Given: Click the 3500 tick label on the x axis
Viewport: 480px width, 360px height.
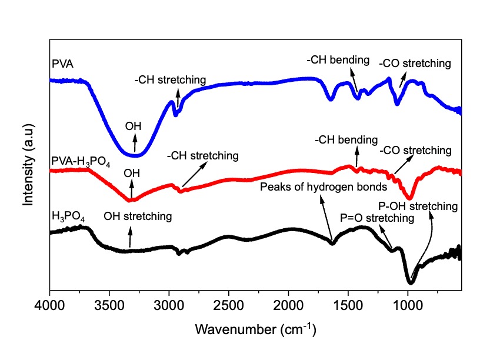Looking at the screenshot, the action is click(x=109, y=305).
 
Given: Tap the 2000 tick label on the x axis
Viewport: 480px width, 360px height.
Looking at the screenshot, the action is click(x=288, y=305).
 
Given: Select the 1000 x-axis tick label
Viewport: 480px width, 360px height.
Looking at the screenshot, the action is click(x=408, y=305).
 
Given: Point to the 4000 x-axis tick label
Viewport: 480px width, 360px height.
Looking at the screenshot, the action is click(x=49, y=305).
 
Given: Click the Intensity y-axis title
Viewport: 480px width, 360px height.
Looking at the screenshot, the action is click(x=28, y=165).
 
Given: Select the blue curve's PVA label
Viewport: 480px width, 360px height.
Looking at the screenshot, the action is click(x=63, y=64).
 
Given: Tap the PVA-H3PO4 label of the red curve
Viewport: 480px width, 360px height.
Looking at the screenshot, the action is click(x=81, y=161).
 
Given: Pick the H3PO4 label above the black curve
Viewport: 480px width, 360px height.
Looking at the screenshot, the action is click(x=68, y=216).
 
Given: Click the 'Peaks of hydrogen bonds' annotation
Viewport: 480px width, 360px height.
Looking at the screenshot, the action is click(x=324, y=186).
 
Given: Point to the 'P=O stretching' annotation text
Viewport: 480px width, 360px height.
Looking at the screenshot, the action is click(x=377, y=218).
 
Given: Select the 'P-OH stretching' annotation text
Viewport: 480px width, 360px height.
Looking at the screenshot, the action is click(x=418, y=206).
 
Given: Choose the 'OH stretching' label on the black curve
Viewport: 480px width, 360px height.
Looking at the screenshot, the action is click(x=138, y=216).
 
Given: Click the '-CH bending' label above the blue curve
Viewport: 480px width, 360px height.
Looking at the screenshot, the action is click(x=338, y=59).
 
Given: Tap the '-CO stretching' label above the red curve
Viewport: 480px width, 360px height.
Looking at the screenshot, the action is click(x=415, y=151).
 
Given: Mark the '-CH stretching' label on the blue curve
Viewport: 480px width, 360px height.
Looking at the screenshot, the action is click(x=170, y=80).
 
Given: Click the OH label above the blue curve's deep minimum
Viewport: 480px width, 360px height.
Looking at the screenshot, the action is click(x=133, y=126).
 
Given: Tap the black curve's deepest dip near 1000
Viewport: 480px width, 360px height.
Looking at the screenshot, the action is click(x=410, y=282).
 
